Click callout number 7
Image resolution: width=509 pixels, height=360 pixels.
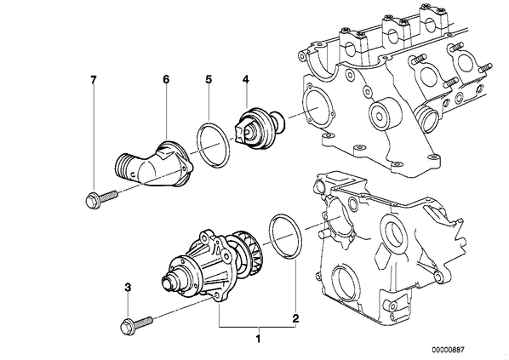click(94, 79)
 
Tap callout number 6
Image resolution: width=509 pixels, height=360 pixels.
click(166, 79)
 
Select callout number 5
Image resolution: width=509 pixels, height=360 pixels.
click(209, 79)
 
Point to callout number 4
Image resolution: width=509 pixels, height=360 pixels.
click(246, 79)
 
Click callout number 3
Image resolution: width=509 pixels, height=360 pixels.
click(128, 287)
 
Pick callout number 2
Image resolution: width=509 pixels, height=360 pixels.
click(295, 318)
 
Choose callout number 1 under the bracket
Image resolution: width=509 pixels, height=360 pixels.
click(259, 340)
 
